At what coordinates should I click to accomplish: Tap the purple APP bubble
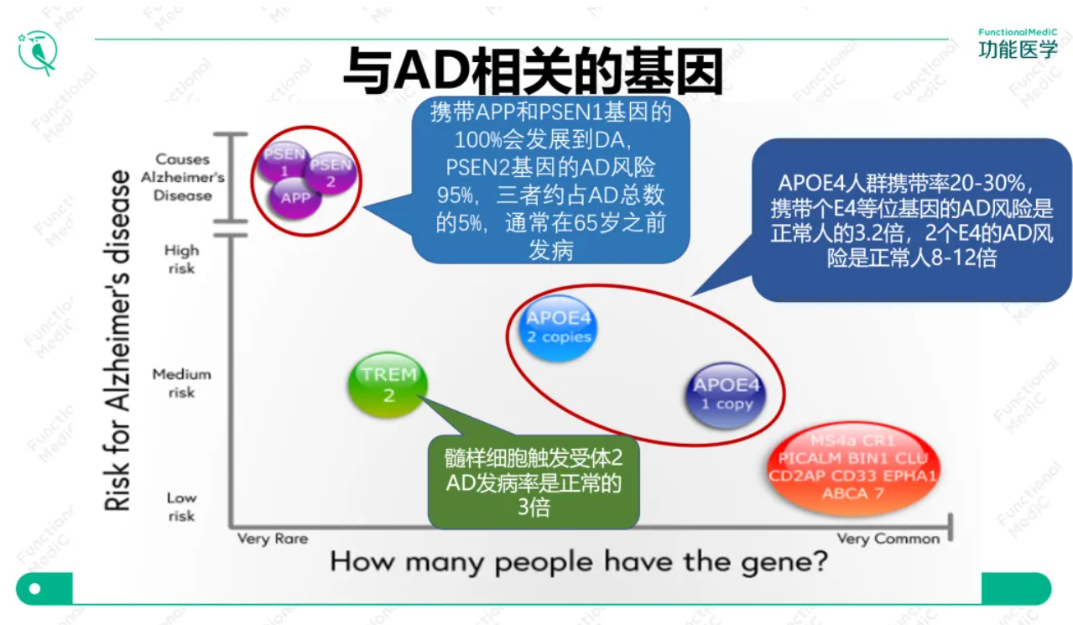pos(295,199)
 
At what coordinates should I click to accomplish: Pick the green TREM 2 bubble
pos(388,384)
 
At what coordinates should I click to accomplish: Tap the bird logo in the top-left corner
pos(39,52)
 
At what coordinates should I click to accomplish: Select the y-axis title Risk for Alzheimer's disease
pos(117,340)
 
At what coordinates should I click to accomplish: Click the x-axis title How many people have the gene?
pos(578,561)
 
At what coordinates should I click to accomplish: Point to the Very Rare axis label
pos(273,539)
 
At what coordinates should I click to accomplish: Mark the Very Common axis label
pos(888,539)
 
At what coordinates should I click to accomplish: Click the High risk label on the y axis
pos(181,259)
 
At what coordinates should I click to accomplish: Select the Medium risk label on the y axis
pos(181,383)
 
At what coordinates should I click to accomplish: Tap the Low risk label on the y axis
pos(181,507)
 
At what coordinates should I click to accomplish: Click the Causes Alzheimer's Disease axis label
pos(182,177)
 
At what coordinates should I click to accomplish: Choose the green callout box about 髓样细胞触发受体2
pos(534,482)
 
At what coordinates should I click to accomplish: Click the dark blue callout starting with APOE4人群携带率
pos(911,220)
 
